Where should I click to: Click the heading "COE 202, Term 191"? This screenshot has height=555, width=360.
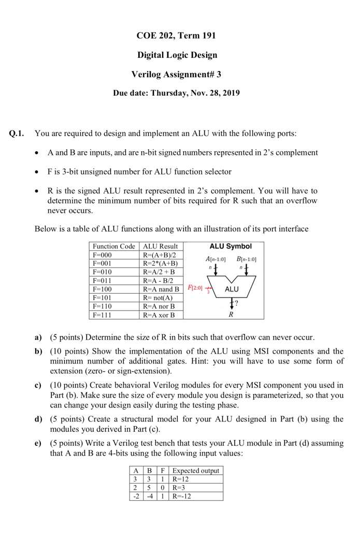point(177,36)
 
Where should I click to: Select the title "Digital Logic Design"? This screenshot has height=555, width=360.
point(177,55)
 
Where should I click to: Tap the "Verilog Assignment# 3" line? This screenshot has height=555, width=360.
point(177,74)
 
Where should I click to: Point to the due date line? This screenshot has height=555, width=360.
point(177,94)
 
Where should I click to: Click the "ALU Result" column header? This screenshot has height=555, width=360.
point(160,246)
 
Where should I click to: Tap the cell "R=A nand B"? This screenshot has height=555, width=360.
point(161,289)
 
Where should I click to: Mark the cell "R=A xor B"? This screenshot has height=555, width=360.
point(159,315)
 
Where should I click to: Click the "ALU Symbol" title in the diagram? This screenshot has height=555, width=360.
point(231,246)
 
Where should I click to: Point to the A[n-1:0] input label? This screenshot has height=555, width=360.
point(215,259)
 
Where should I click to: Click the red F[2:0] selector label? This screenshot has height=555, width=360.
point(195,286)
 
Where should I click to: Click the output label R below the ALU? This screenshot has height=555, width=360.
point(231,314)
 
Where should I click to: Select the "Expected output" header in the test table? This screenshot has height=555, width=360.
point(196,471)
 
